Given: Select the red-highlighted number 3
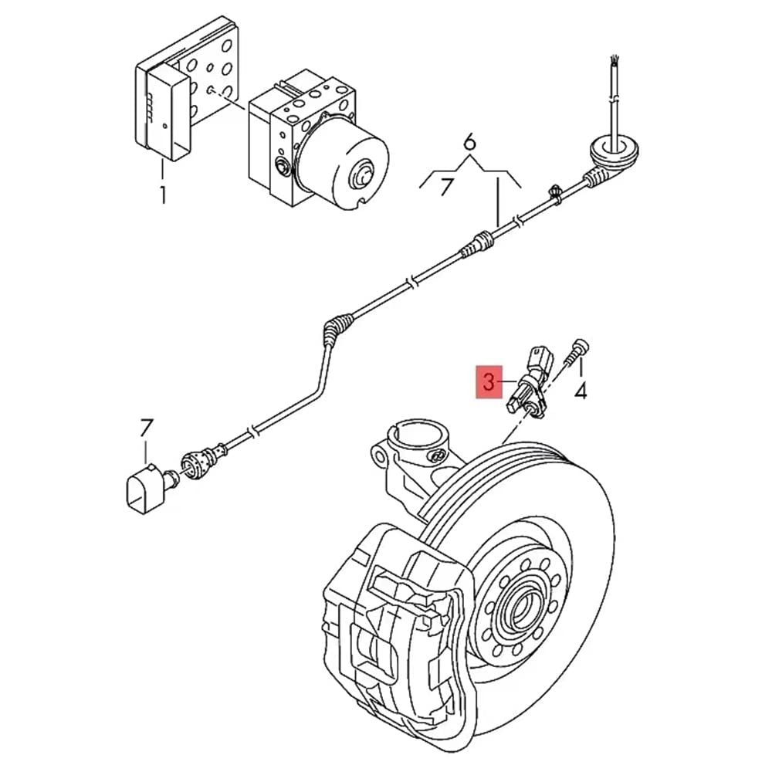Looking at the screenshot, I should coord(487,381).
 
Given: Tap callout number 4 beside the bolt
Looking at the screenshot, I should coord(581,391).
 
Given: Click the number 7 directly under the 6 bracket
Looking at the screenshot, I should coord(445,188).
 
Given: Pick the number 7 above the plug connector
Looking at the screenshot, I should coord(147,428).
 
